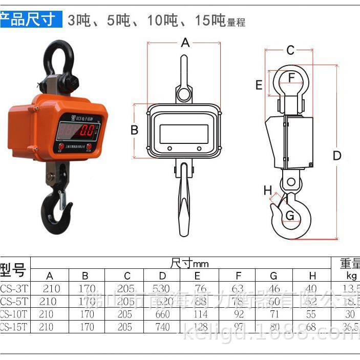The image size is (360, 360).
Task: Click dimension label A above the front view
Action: click(x=185, y=43)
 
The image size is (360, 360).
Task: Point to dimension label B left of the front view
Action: click(x=134, y=130)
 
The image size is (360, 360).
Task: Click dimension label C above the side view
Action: click(x=290, y=50)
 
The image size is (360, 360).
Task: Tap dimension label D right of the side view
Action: click(x=336, y=156)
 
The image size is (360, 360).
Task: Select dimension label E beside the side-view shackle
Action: click(x=259, y=85)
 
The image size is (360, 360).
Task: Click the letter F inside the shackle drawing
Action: click(x=291, y=78)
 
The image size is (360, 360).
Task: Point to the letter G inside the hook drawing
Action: click(x=290, y=216)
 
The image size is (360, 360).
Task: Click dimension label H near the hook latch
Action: click(x=267, y=190)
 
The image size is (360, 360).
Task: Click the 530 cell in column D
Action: click(x=162, y=289)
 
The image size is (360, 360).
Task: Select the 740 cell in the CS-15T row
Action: click(x=162, y=327)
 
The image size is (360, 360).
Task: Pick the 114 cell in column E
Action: click(x=200, y=314)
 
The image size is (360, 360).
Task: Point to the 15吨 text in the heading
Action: click(x=210, y=21)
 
